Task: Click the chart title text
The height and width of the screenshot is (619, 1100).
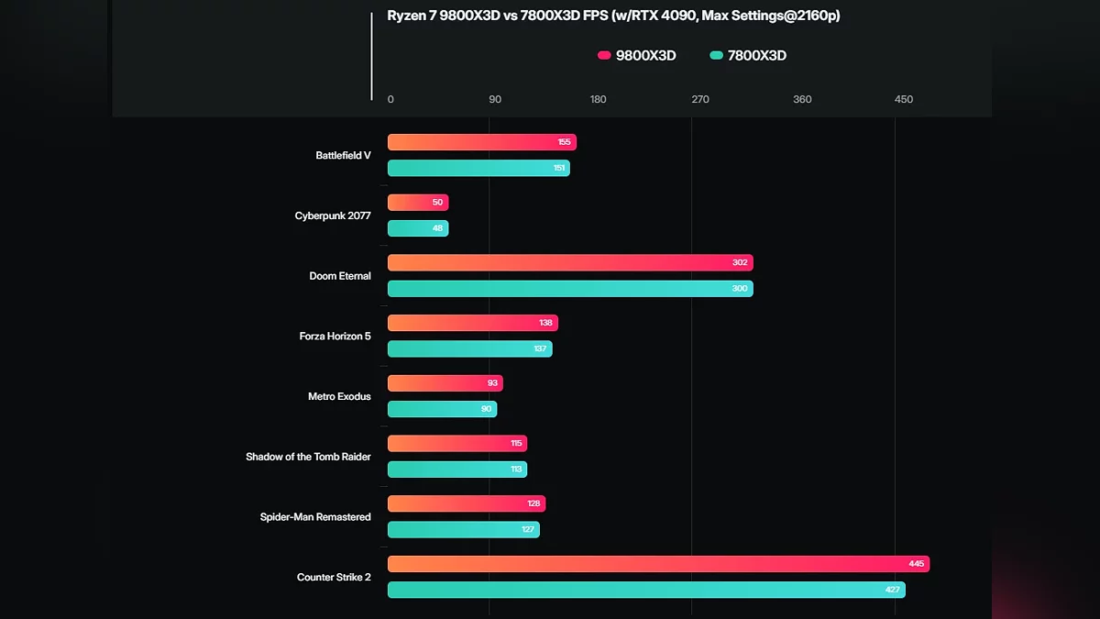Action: pos(613,16)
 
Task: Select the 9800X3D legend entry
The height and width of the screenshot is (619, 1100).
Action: pos(637,55)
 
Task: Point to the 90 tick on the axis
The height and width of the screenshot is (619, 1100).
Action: pos(495,99)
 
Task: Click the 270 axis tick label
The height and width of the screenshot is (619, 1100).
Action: pos(700,99)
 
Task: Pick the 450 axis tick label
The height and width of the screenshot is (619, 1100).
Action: pos(904,99)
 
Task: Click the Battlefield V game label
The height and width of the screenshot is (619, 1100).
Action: pos(343,155)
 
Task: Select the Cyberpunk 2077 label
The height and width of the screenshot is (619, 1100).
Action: pos(333,216)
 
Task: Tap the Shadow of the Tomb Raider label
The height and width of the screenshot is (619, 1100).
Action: pos(308,457)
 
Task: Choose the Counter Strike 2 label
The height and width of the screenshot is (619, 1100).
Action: pos(334,577)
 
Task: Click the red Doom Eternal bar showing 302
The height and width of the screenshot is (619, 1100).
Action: pos(568,262)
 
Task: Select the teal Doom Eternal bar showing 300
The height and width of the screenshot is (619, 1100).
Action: pos(568,288)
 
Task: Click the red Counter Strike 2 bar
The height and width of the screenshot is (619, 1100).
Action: pos(657,564)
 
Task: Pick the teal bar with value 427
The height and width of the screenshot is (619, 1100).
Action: pos(645,590)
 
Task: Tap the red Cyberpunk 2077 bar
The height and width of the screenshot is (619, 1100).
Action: pos(417,202)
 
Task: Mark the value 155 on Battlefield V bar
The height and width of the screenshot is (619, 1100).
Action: pos(563,142)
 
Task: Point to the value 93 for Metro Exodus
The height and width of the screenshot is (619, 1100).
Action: pos(492,383)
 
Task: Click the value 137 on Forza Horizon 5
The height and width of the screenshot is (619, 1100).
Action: pos(540,348)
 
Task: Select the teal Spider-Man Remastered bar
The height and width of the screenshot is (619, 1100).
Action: pos(463,529)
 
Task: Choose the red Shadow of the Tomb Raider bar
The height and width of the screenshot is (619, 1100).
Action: pos(456,443)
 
